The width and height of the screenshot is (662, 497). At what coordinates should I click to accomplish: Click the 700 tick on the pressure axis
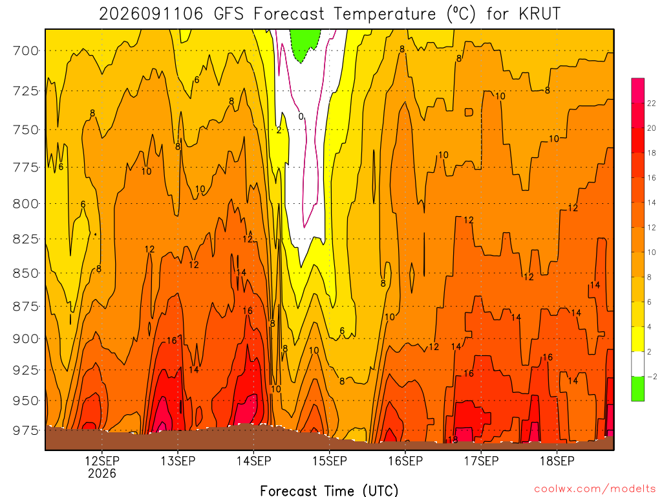click(x=26, y=50)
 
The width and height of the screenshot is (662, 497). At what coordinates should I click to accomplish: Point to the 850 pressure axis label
click(x=26, y=274)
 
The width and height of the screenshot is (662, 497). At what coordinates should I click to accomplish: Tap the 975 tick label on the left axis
click(x=26, y=430)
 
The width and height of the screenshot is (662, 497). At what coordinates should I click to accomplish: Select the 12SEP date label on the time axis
click(x=101, y=461)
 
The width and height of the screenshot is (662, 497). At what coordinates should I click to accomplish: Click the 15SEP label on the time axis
click(x=329, y=461)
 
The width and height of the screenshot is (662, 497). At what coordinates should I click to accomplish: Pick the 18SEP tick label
click(x=557, y=461)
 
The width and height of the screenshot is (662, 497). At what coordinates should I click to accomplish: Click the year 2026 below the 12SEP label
click(x=101, y=473)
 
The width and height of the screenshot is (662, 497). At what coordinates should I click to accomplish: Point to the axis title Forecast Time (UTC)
click(x=329, y=491)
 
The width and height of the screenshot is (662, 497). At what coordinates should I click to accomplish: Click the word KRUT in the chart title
click(x=540, y=14)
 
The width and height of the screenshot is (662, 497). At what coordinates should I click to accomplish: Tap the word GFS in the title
click(x=229, y=14)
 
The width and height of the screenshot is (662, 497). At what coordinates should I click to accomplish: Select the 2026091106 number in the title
click(x=151, y=14)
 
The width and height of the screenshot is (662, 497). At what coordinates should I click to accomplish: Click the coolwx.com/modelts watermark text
click(x=595, y=489)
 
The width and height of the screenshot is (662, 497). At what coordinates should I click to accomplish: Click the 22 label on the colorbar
click(x=652, y=103)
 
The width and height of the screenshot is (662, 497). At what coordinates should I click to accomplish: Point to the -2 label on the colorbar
click(x=652, y=377)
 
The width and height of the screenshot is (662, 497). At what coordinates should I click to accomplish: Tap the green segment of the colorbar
click(x=637, y=389)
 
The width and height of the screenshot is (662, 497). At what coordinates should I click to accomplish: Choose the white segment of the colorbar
click(x=637, y=364)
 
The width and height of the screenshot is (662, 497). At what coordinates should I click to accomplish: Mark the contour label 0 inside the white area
click(x=301, y=116)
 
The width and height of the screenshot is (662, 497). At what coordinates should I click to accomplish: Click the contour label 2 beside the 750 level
click(x=279, y=130)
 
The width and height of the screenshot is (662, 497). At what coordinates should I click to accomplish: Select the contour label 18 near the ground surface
click(x=453, y=440)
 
